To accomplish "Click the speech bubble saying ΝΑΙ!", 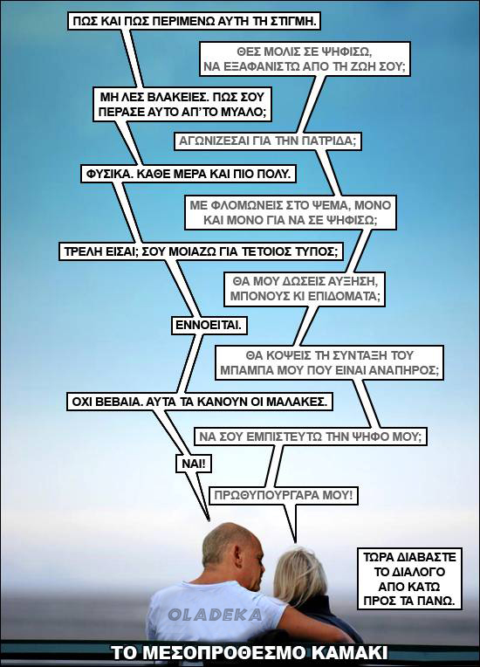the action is (194, 464).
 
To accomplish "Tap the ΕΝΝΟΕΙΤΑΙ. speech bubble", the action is (209, 326).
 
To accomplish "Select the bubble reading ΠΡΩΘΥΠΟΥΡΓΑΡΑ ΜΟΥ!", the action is (283, 496).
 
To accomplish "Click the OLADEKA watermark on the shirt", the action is (215, 615).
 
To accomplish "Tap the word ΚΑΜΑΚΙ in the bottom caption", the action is (350, 653).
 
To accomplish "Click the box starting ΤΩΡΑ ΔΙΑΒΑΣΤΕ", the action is (411, 579).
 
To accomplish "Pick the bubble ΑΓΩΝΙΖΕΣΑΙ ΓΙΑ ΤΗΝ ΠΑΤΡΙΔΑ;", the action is (267, 141).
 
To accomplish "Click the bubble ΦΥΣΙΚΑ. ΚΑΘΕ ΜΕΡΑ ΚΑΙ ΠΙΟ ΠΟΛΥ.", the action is (189, 174).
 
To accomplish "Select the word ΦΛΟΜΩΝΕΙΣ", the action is (237, 205).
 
